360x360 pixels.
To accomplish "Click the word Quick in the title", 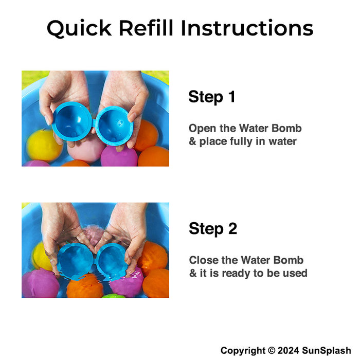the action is (x=79, y=28).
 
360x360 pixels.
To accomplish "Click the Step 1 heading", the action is (x=212, y=97).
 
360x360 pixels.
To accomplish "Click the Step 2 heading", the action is (x=213, y=229).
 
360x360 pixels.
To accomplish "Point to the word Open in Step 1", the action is (x=202, y=129).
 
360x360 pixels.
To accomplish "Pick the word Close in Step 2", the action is (x=204, y=260).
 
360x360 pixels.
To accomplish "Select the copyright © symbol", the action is (x=272, y=351).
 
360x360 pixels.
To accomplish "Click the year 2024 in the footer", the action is (x=288, y=351).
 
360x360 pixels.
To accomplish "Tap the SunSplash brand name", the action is (x=326, y=351).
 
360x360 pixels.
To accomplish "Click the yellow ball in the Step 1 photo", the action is (x=43, y=145).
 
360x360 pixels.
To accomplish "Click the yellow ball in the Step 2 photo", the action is (x=42, y=256).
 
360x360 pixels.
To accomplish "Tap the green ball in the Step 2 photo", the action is (x=113, y=296).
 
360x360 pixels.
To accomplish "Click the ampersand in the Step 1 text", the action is (x=192, y=141).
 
